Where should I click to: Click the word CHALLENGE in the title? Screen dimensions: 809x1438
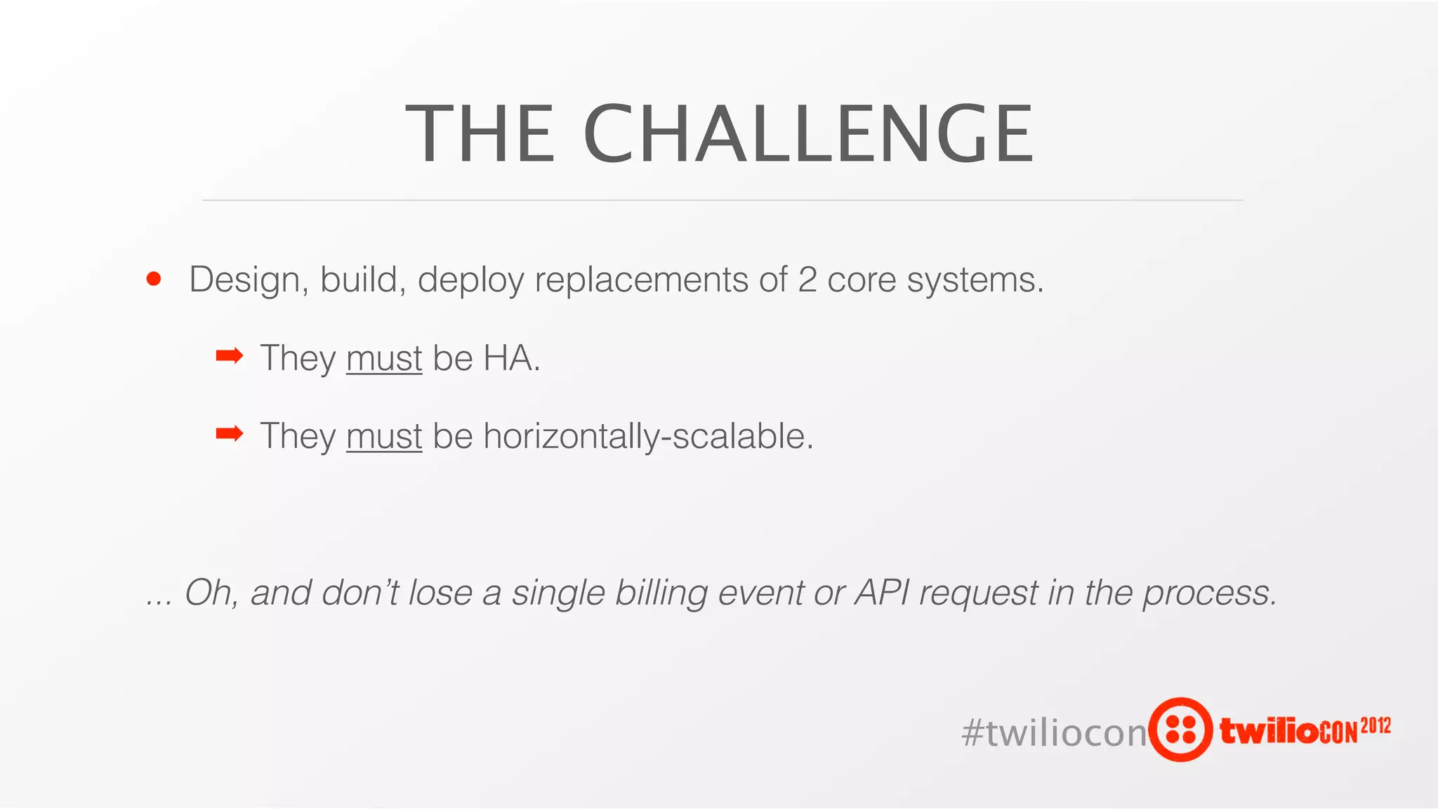[x=807, y=133]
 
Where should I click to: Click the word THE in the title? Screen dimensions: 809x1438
[x=480, y=133]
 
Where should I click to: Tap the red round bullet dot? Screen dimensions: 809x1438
[x=154, y=279]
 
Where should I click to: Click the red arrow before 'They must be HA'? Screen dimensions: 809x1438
[x=229, y=356]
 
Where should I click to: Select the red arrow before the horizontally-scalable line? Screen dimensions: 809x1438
[x=229, y=434]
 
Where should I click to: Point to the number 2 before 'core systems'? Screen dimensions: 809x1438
[x=807, y=279]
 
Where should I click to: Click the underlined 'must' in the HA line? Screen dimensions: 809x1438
[x=384, y=359]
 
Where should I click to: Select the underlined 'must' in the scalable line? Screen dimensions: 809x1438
[x=384, y=437]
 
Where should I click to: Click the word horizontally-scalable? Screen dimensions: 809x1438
[x=647, y=437]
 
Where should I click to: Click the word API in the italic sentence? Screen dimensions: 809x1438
[x=882, y=592]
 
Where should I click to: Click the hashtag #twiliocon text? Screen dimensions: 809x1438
[x=1053, y=732]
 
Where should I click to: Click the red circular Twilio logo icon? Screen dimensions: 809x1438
[x=1180, y=729]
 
